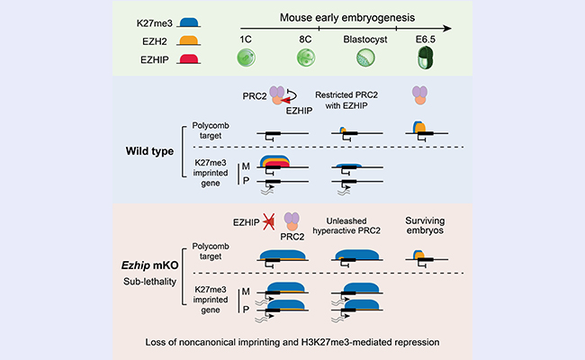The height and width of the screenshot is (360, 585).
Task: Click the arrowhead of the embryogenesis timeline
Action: [445, 28]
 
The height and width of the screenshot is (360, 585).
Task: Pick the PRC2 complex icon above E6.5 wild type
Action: [419, 94]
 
